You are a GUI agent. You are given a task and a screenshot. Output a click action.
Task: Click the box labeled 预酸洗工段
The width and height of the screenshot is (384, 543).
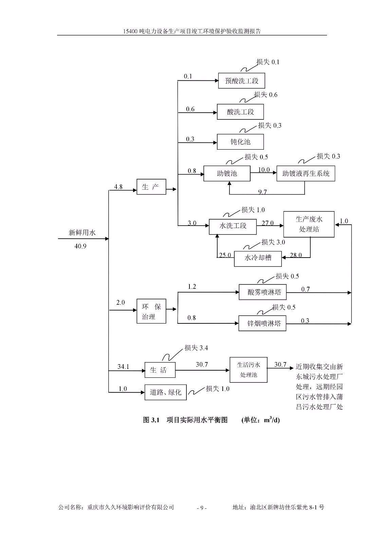(241, 81)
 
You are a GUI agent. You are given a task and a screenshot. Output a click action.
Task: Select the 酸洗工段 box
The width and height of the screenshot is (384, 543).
(240, 112)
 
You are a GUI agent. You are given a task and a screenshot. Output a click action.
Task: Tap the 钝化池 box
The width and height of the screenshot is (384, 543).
(240, 142)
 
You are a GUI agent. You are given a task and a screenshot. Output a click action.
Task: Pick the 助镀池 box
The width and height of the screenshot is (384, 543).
(227, 173)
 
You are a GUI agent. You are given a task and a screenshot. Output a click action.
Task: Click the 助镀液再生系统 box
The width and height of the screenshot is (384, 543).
(306, 173)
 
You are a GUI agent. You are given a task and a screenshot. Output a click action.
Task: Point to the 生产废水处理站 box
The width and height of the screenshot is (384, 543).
(309, 224)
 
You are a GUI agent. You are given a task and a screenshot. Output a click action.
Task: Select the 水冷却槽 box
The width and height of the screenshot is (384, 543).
(258, 258)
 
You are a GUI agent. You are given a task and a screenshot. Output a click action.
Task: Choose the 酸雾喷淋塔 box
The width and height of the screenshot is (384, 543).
(262, 292)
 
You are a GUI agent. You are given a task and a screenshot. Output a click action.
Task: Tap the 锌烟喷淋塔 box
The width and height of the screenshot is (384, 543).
(262, 323)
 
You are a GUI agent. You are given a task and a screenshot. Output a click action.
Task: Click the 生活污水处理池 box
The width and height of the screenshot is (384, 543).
(249, 370)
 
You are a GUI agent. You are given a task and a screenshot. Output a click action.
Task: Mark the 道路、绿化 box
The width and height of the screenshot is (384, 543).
(166, 392)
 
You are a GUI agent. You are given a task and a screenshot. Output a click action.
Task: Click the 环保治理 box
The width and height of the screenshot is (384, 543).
(151, 311)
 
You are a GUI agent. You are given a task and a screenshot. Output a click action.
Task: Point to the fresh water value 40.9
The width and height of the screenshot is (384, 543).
(80, 246)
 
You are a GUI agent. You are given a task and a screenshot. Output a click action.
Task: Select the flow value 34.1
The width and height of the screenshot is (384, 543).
(123, 367)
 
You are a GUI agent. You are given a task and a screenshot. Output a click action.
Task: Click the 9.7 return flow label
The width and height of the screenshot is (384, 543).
(262, 192)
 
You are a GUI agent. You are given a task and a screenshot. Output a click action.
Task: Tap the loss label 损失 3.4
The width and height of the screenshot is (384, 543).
(196, 348)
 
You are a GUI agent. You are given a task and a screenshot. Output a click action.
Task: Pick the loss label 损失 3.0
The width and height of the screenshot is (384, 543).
(273, 242)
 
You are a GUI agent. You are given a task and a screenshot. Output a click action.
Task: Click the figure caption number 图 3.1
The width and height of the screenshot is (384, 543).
(151, 420)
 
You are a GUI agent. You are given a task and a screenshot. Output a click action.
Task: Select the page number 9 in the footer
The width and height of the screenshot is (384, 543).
(202, 508)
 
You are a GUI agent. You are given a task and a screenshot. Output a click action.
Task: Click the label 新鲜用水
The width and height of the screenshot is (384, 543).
(82, 232)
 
